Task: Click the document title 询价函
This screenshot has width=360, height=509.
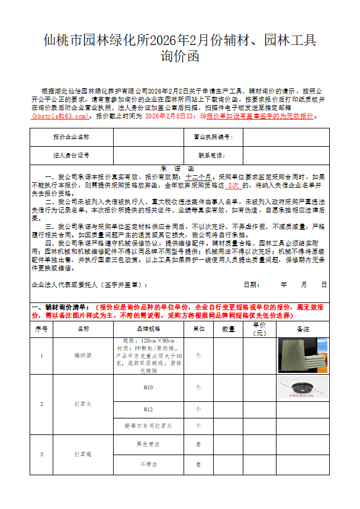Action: coord(180,56)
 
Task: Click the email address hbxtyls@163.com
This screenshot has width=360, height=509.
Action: coord(62,117)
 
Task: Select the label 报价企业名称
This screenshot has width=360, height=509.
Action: coord(71,137)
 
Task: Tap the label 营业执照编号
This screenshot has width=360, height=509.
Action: coord(213,137)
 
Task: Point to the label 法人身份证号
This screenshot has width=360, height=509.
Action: coord(71,155)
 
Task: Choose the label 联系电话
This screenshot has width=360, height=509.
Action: coord(211,155)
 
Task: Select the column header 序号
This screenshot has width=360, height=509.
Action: coord(41,328)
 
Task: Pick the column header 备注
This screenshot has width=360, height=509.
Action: coord(303,328)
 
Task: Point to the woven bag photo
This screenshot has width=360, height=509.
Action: coord(303,355)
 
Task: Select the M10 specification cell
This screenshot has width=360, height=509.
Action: coord(148,388)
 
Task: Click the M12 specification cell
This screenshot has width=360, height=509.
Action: coord(148,409)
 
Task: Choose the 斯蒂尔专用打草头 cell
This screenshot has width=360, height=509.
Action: coord(148,426)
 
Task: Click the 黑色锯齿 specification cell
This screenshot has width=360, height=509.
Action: coord(148,444)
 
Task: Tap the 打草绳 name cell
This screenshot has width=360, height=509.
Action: coord(83,454)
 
